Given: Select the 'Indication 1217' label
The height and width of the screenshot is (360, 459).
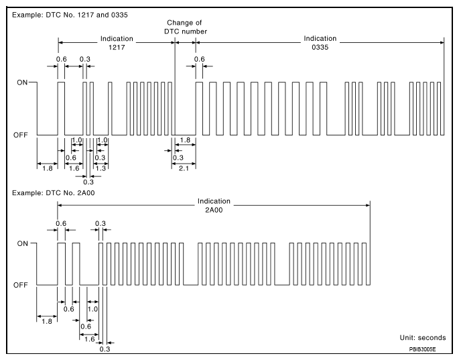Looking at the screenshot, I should [117, 43].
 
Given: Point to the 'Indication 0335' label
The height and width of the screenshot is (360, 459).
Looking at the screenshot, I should [320, 43].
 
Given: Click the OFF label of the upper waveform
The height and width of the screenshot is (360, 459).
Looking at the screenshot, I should [20, 135].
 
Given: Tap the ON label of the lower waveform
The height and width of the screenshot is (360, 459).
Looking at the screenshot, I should [21, 244].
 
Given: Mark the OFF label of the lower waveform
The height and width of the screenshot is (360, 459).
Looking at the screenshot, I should [20, 286].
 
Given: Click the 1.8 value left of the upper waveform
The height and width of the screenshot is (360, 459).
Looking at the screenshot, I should [46, 169].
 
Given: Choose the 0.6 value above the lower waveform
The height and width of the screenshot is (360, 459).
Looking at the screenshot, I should [61, 223].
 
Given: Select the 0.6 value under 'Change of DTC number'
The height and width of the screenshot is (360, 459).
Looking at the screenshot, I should [199, 58].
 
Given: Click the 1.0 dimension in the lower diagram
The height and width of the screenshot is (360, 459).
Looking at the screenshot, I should [93, 308].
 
